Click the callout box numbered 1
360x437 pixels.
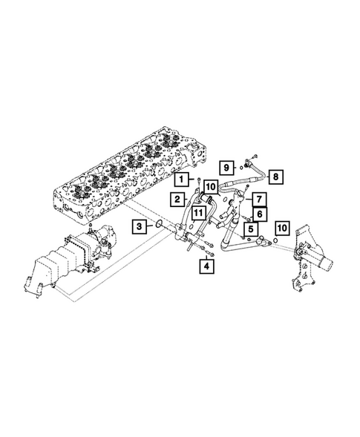180,179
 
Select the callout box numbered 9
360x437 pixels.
226,166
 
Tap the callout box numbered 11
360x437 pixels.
199,213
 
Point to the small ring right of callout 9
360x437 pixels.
242,167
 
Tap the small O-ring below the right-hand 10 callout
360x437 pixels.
275,240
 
